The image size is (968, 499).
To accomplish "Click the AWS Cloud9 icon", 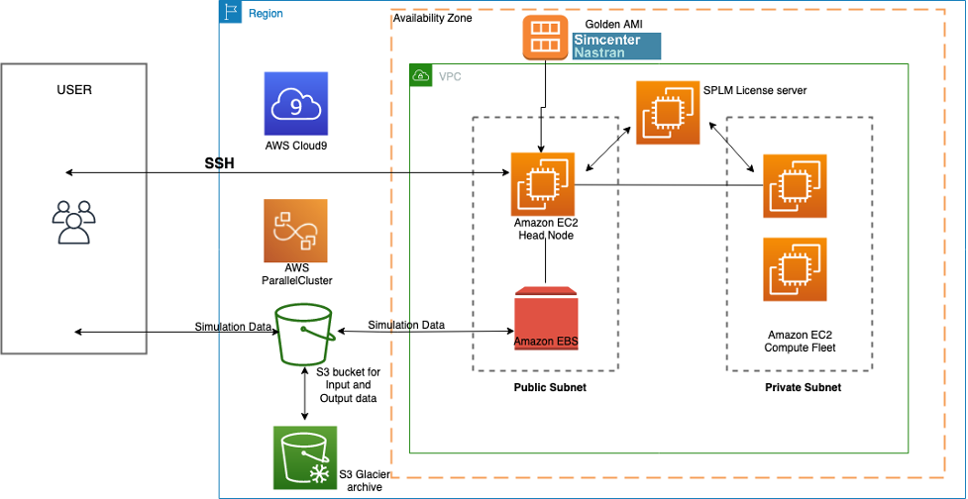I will pos(296,103).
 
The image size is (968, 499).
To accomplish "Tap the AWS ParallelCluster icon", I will pos(295,230).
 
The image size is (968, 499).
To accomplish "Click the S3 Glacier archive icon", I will pos(304,457).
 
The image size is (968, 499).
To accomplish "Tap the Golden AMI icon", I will pos(543,37).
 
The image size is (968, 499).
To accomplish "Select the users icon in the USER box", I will pos(72,223).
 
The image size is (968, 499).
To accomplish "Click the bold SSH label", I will pos(219,163).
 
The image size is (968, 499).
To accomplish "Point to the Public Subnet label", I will pos(549,387).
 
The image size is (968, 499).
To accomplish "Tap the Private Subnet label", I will pos(803,387).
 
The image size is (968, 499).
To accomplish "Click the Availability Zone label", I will pos(432,18).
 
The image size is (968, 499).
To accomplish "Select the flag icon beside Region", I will pos(232,13).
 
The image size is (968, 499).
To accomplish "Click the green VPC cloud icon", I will pos(421,76).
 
